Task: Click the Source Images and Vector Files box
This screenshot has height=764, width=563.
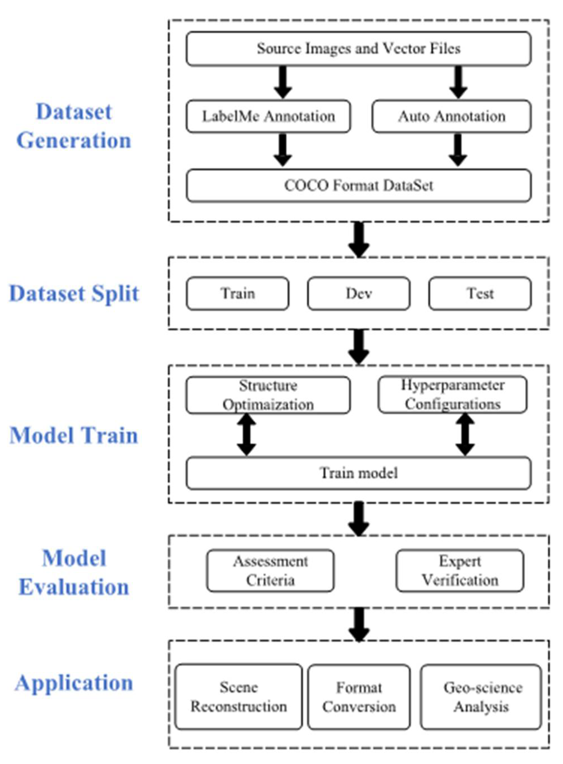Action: click(x=358, y=49)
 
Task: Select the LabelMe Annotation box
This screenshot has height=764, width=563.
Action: click(x=268, y=117)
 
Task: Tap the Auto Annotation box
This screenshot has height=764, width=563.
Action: click(x=451, y=117)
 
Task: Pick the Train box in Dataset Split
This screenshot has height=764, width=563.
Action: click(x=238, y=294)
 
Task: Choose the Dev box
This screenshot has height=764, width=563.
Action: click(x=358, y=294)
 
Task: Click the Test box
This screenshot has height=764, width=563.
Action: click(x=480, y=294)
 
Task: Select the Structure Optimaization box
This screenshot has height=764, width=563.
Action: click(x=268, y=395)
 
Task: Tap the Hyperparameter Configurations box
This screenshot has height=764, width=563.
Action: click(x=452, y=395)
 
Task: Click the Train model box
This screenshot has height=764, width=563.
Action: click(x=358, y=473)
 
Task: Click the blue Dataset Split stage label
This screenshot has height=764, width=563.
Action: click(x=74, y=294)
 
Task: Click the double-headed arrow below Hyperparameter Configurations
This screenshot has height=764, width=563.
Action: click(x=465, y=435)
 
